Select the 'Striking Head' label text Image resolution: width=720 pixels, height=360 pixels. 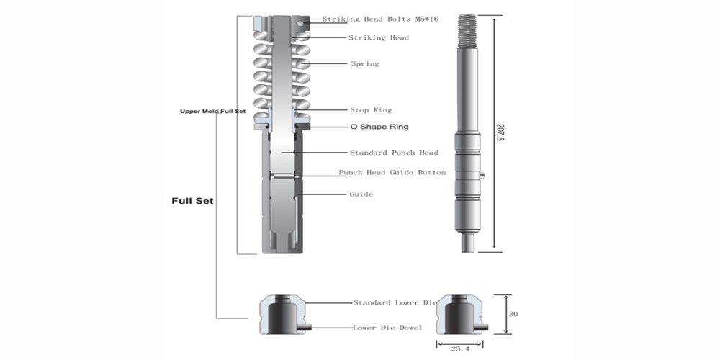378,37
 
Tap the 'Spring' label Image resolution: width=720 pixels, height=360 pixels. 364,63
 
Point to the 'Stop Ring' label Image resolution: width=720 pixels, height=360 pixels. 371,109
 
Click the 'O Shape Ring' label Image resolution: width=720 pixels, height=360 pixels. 379,127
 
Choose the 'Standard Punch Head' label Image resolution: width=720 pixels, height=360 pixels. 394,153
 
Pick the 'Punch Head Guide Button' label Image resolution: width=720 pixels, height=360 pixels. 392,172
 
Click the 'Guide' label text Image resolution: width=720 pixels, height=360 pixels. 361,194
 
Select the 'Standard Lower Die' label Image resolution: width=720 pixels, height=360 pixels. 395,302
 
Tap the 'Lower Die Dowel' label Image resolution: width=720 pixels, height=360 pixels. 387,328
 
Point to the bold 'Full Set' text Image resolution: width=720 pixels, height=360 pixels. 190,200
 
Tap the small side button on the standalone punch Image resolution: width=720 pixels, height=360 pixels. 484,174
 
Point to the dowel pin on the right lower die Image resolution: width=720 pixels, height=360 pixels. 482,328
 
